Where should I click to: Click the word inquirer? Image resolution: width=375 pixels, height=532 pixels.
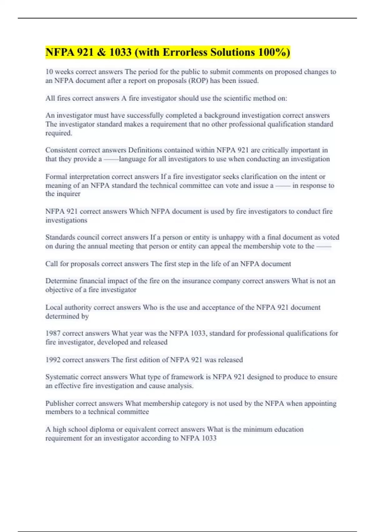[68, 194]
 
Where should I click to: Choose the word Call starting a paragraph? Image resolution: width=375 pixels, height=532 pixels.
[52, 264]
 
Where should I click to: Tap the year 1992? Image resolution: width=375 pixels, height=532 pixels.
[53, 360]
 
